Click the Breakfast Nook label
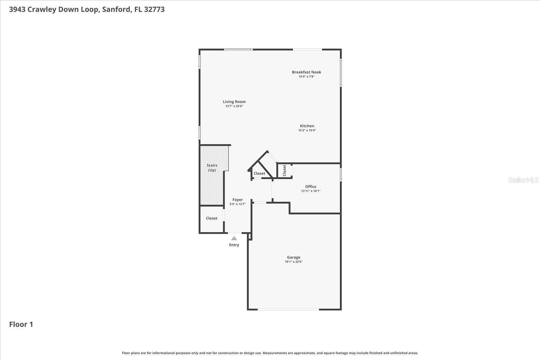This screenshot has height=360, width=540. pos(306,72)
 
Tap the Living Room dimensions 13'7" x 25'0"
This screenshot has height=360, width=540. pos(234,106)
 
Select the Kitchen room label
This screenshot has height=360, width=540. pos(307,126)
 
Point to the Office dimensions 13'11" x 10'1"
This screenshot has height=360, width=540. pos(310,191)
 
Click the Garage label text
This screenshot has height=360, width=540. pos(294,257)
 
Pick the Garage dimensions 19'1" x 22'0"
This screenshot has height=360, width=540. pos(294,262)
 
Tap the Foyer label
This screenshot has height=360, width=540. pos(238,200)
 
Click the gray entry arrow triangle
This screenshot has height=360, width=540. pos(234,238)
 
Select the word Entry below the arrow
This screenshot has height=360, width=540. pos(234,245)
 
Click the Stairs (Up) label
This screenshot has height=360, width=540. pos(212,168)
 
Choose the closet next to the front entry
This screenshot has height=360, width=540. pos(212,218)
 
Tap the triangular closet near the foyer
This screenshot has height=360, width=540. pos(259,173)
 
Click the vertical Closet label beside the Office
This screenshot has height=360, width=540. pos(285,170)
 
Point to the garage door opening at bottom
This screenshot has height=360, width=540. pos(288,309)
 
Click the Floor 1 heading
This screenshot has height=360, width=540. pos(21,324)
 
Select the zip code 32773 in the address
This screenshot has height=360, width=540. pos(154,9)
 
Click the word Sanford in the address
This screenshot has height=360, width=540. pos(116,9)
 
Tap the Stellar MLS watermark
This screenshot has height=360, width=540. pos(523,180)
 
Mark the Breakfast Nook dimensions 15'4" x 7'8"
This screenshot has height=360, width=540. pos(306,77)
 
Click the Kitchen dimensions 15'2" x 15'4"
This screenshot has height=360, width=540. pos(307,131)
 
